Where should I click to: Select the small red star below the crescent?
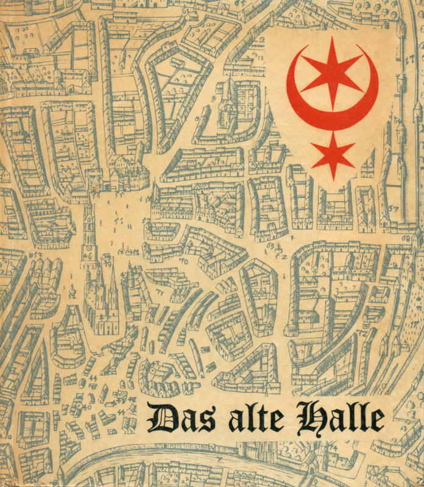point(333,156)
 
